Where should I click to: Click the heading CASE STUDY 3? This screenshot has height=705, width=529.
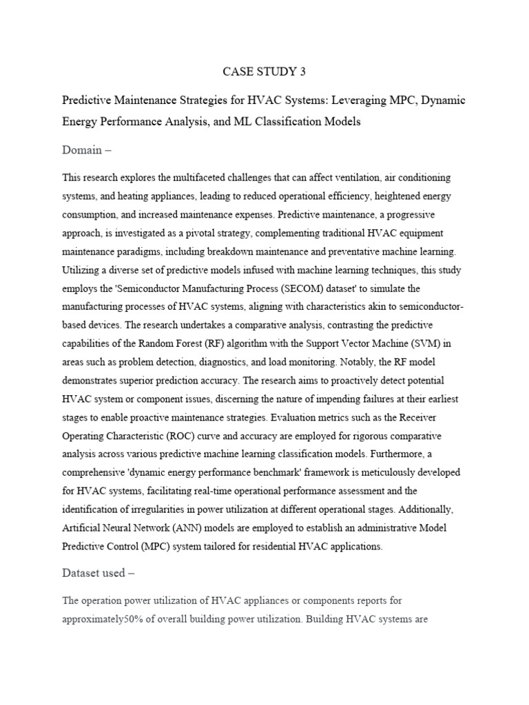click(x=264, y=71)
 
